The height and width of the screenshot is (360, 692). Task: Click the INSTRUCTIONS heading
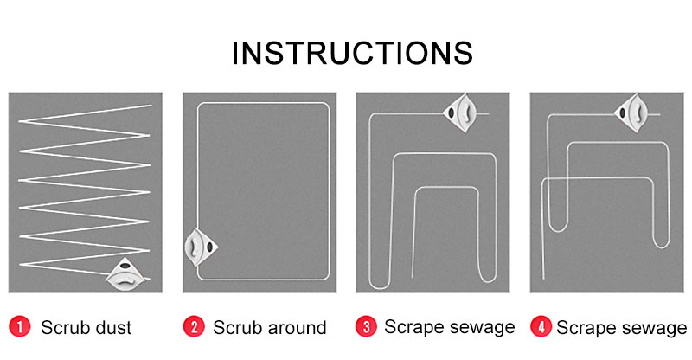point(352,53)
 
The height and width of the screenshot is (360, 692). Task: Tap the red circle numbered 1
point(19,327)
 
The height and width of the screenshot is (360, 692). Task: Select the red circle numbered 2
point(194,327)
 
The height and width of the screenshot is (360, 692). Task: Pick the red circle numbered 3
point(366,327)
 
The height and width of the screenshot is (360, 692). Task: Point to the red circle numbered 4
point(541,327)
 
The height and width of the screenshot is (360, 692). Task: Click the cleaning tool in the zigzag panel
point(125,273)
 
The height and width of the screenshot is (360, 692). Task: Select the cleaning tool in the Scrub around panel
point(201,247)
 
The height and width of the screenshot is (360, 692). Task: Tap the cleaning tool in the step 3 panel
point(461,112)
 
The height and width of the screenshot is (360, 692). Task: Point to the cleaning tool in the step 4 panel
point(632,112)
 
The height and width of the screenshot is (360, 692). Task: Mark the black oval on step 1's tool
point(125,266)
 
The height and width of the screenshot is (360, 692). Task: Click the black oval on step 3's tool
point(451,113)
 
